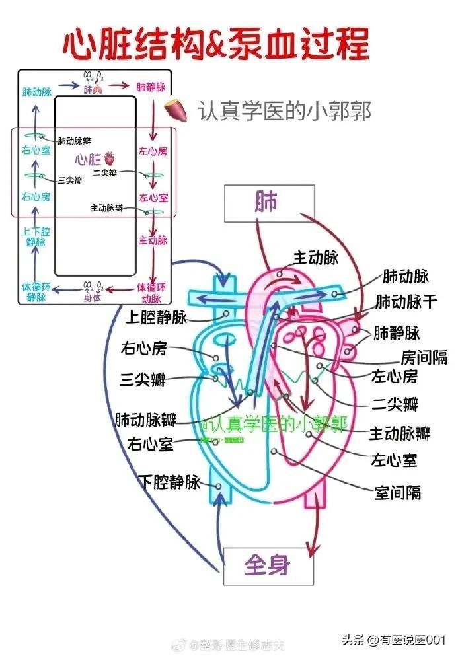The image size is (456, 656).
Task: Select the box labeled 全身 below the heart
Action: click(268, 565)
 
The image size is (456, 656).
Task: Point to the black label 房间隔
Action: click(424, 357)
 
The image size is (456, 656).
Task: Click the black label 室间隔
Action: click(397, 492)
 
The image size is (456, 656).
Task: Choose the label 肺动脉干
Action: click(406, 302)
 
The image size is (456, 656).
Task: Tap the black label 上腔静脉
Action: click(156, 318)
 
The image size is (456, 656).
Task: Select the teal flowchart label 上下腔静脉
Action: click(36, 237)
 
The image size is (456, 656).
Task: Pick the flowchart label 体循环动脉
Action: click(151, 292)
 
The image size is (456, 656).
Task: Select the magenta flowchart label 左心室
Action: click(153, 197)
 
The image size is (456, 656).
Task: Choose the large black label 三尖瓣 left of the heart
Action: click(142, 379)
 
